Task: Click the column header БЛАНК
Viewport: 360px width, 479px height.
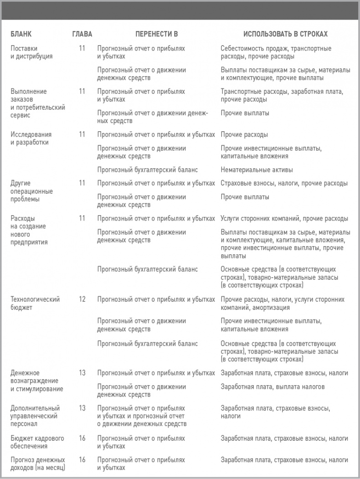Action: click(21, 34)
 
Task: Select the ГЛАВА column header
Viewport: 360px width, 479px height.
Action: click(82, 34)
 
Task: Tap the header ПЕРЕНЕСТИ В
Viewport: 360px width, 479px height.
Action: click(156, 34)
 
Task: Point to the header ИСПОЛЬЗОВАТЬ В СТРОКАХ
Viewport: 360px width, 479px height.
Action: click(285, 34)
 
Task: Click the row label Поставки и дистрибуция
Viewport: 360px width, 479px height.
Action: click(31, 52)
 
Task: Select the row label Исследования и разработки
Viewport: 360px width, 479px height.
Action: click(31, 138)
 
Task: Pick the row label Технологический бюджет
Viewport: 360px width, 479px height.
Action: click(35, 303)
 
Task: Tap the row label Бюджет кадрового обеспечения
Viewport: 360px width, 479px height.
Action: click(37, 442)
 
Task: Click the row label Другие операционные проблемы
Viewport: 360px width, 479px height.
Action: click(31, 191)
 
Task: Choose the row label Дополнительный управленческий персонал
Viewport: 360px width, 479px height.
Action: click(35, 416)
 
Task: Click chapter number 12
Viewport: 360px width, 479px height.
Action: click(82, 299)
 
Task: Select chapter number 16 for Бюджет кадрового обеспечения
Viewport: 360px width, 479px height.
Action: click(82, 438)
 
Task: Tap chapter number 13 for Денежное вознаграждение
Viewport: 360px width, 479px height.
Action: click(82, 373)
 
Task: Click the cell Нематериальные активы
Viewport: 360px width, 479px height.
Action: click(257, 170)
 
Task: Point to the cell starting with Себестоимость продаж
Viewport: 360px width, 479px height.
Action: click(276, 52)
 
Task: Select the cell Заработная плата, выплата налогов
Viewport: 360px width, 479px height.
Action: click(273, 387)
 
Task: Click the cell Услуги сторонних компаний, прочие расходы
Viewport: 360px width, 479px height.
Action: click(284, 218)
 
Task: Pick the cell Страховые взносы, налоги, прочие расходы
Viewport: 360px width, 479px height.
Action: click(284, 183)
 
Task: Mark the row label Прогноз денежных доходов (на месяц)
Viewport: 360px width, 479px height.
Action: click(37, 464)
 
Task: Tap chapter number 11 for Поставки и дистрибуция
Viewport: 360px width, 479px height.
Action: click(82, 48)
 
